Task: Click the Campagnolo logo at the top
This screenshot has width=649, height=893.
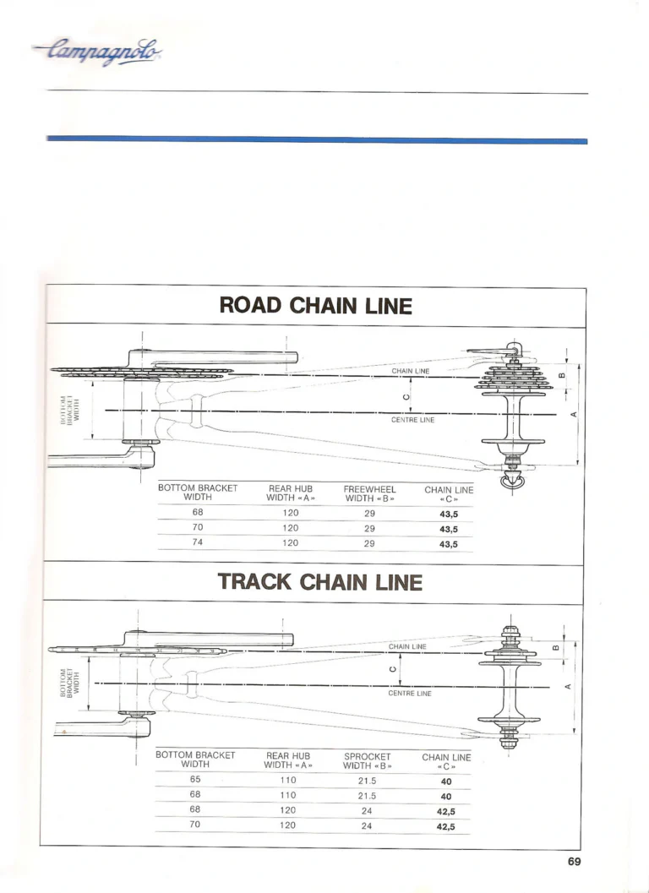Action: (98, 52)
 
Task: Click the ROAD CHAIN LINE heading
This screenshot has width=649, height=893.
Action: (316, 306)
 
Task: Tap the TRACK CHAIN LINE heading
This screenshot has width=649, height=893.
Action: (319, 582)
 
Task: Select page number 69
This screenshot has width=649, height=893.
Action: (574, 862)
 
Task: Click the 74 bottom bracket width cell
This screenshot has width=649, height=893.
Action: (197, 542)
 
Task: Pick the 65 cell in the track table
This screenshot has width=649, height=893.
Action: (195, 779)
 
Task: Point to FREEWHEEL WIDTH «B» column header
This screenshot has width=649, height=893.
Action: (369, 493)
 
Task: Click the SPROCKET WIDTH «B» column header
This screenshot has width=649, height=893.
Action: (367, 761)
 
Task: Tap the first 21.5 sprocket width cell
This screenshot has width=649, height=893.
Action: (367, 781)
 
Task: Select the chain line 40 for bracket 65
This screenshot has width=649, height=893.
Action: (446, 782)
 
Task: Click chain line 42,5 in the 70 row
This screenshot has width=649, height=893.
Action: (446, 827)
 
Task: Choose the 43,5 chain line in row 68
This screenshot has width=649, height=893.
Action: (449, 515)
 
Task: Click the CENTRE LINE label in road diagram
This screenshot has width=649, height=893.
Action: (412, 420)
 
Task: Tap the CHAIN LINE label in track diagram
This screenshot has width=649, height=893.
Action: (407, 646)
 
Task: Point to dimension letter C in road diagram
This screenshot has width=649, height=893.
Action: (405, 397)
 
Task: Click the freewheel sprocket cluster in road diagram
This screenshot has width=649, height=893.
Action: (514, 378)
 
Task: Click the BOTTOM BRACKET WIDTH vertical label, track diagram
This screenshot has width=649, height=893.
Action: (71, 683)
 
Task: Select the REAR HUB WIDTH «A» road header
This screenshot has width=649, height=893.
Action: (290, 493)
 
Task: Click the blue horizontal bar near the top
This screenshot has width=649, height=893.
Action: (317, 140)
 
